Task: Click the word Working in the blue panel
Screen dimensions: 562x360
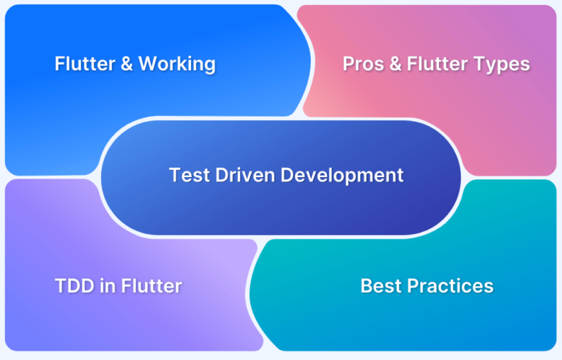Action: [x=177, y=64]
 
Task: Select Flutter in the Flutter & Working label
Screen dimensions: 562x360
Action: [x=85, y=64]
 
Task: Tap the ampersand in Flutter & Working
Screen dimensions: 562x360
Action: [x=127, y=64]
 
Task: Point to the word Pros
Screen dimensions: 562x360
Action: [x=364, y=64]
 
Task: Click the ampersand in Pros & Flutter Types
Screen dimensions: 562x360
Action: [x=395, y=64]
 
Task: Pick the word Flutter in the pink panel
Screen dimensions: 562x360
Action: [x=438, y=64]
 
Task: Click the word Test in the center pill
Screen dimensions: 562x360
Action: [x=190, y=175]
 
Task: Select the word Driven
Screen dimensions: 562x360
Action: [x=245, y=175]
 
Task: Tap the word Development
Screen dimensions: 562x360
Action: [x=342, y=176]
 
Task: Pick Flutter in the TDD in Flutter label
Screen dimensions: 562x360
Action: [x=151, y=286]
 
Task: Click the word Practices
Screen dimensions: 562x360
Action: [x=451, y=286]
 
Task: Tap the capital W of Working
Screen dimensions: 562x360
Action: [x=149, y=64]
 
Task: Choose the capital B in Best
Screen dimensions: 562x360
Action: [x=367, y=286]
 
